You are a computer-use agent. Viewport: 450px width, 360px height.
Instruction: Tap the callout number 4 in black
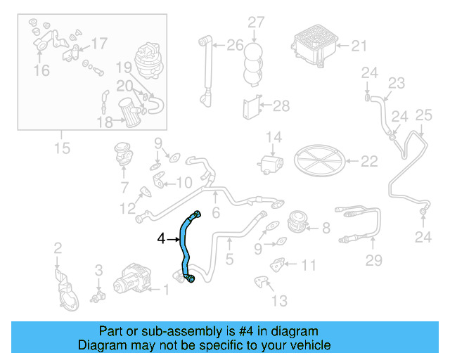coord(161,240)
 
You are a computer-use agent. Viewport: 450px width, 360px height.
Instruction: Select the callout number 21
coord(359,46)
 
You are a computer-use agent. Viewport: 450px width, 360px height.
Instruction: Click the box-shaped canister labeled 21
coord(314,44)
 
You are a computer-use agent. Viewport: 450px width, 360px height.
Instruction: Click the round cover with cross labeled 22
coord(317,161)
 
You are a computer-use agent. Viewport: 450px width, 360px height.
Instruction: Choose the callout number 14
coord(273,136)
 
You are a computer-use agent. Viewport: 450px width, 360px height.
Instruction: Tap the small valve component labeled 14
coord(271,164)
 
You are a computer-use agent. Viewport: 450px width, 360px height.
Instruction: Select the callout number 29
coord(373,261)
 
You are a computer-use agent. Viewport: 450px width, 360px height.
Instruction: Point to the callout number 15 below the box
coord(62,148)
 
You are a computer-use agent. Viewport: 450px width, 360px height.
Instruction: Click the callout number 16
coord(41,70)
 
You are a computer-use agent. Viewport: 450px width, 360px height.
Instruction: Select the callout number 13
coord(279,301)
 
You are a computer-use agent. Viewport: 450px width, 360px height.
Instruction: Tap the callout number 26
coord(234,46)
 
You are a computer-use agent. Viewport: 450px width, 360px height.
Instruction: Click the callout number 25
coord(423,115)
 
